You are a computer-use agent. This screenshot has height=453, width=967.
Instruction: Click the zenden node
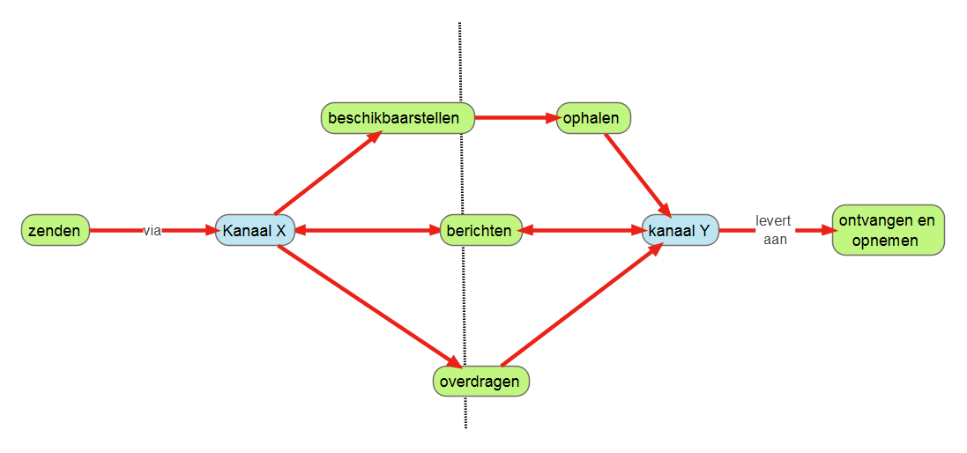[56, 231]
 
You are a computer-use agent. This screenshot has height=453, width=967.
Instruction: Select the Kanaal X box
[254, 231]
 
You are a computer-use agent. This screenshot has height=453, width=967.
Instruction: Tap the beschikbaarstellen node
[397, 117]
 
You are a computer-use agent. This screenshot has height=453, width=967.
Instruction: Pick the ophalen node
[593, 117]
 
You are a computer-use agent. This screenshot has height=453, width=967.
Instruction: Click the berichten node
[480, 231]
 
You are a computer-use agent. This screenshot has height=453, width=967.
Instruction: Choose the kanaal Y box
[680, 231]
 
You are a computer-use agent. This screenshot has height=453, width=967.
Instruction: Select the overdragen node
[481, 382]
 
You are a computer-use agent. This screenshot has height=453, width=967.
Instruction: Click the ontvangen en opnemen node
[888, 230]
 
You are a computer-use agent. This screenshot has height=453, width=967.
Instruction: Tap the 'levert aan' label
[773, 229]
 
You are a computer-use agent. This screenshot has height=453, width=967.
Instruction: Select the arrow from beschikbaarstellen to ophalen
[515, 116]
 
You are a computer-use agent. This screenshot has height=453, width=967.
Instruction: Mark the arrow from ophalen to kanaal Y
[636, 174]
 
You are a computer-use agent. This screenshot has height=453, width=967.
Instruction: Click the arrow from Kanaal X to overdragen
[366, 305]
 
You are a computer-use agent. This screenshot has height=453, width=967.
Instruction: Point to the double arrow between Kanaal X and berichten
[366, 231]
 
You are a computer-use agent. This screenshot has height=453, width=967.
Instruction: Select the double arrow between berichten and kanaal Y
[582, 231]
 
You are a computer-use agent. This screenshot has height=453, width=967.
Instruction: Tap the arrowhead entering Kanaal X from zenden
[210, 231]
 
